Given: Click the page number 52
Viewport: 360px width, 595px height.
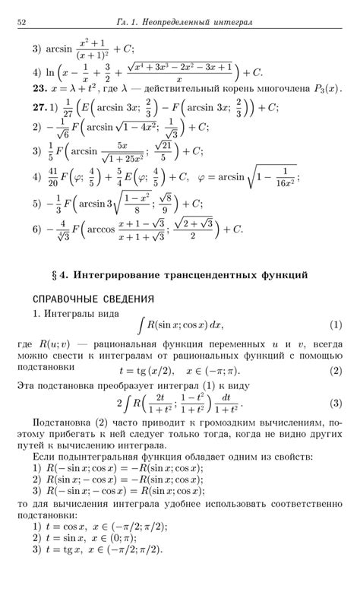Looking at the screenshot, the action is coord(22,23).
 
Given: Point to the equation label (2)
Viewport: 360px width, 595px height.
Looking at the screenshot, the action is coord(336,371).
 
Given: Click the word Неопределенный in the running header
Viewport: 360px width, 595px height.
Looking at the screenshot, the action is coord(186,23).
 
